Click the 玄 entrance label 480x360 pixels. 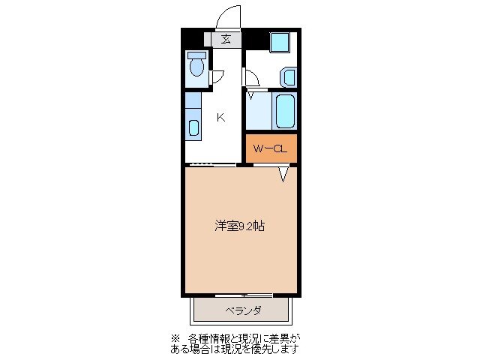point(226,40)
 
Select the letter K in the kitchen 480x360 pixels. point(221,116)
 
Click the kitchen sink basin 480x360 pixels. point(193,128)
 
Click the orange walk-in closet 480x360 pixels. point(271,148)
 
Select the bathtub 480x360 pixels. point(285,111)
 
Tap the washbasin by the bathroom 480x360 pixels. point(289,77)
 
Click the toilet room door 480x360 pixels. point(217,75)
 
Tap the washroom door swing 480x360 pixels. point(251,77)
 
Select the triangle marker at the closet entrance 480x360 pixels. point(283,174)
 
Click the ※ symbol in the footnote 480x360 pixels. point(176,338)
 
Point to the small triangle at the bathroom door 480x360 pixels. point(251,94)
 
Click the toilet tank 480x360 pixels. point(196,55)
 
